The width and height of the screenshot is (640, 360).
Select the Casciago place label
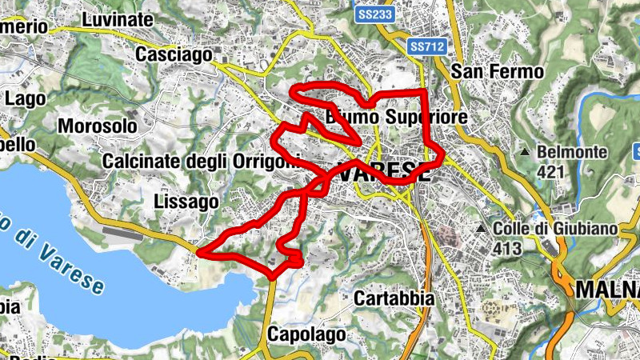coord(174,54)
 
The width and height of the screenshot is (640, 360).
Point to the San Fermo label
coord(498,71)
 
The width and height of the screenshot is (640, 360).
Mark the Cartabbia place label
coord(395,298)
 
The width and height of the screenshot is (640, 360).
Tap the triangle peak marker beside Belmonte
coord(525,152)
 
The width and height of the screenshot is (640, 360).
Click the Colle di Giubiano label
coord(556,229)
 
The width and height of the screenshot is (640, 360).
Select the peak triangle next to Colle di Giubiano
coord(481,230)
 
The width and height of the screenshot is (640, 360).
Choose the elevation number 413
coord(507,249)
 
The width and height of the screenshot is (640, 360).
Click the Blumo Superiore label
coord(396,118)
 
